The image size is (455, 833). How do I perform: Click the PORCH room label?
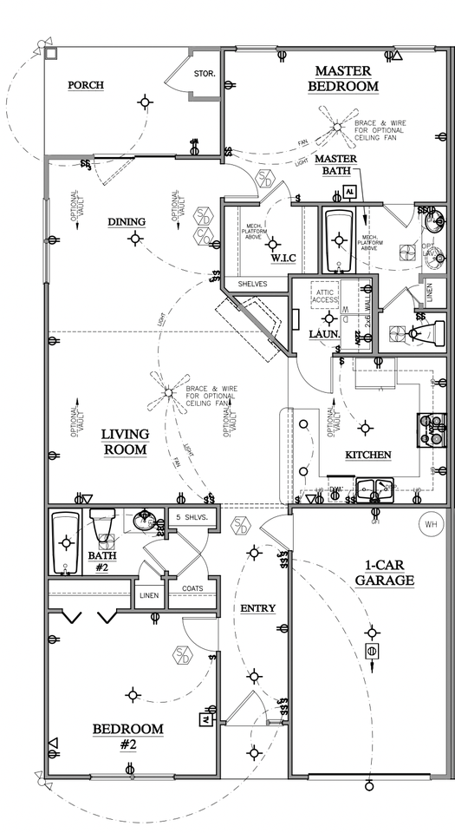point(86,85)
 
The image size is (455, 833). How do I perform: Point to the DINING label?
point(127,221)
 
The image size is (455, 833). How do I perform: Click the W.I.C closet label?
point(283,258)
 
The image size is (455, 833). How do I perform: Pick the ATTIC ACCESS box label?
point(324,296)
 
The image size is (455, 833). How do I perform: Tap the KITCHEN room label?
point(368,455)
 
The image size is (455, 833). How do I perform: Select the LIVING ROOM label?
point(125,442)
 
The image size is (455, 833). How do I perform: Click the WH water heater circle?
point(430,524)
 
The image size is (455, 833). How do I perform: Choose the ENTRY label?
point(257,608)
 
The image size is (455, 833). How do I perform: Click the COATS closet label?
point(192,588)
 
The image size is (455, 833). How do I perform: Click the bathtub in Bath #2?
point(66,543)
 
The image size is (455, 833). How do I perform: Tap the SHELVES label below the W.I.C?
point(253,284)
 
